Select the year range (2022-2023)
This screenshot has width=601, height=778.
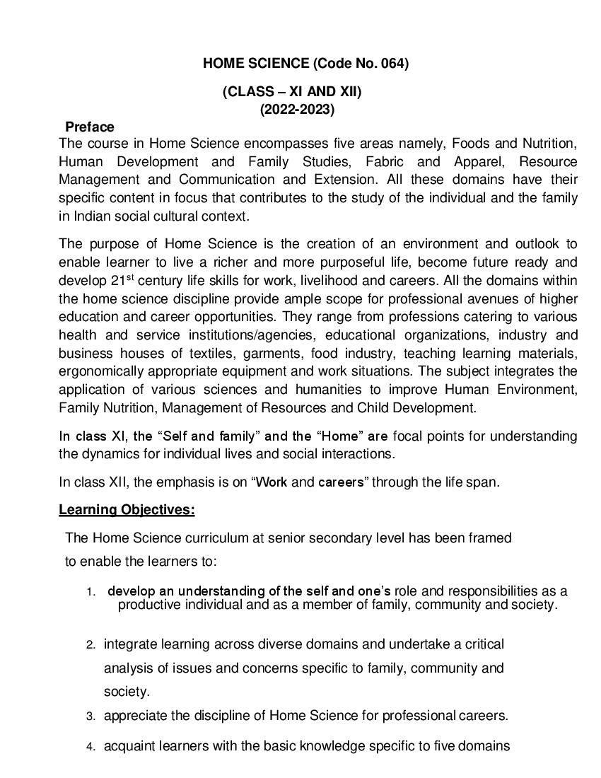coord(297,109)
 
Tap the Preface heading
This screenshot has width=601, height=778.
coord(89,127)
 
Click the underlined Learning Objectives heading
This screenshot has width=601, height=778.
coord(127,509)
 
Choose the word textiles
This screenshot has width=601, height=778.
coord(194,353)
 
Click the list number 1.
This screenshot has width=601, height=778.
coord(91,592)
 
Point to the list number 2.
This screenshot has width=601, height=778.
coord(91,645)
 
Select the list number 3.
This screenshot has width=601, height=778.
coord(91,716)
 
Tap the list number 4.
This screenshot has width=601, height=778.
coord(91,747)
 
